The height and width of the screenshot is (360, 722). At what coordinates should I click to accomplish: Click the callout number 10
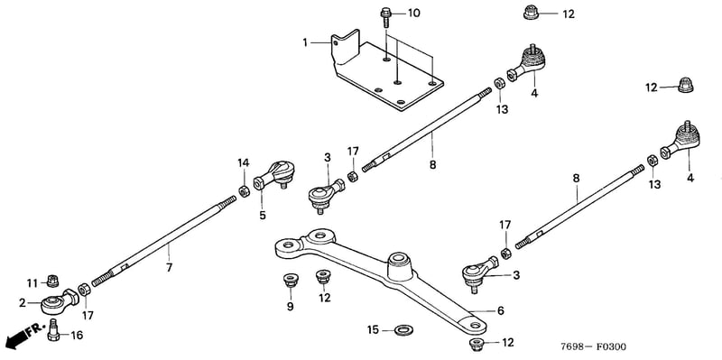(413, 13)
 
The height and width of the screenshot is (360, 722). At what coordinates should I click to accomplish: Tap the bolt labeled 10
(385, 17)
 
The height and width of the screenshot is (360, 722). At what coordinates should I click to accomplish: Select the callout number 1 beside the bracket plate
(305, 42)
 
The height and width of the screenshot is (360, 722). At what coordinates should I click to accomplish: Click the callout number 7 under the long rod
(169, 267)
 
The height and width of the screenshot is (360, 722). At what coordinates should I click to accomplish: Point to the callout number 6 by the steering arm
(501, 310)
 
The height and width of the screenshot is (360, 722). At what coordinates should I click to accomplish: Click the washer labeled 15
(403, 329)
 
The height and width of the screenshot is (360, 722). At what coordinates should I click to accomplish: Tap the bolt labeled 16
(53, 330)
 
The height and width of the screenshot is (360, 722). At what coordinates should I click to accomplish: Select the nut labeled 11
(53, 280)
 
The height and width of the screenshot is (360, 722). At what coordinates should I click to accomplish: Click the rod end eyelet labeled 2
(60, 300)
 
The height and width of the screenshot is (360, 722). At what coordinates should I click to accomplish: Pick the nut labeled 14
(244, 190)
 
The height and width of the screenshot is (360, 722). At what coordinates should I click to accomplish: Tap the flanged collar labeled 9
(290, 280)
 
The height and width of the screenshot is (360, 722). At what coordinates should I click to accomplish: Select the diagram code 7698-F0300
(593, 346)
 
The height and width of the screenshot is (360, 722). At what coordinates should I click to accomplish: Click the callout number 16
(77, 336)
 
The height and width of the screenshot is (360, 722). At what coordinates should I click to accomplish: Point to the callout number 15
(373, 330)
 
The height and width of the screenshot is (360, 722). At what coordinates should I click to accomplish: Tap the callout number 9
(290, 307)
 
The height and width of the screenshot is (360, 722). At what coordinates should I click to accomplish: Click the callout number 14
(243, 162)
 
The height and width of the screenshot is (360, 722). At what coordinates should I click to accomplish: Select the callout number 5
(263, 215)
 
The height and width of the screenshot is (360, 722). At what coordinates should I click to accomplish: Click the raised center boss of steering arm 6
(399, 266)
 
